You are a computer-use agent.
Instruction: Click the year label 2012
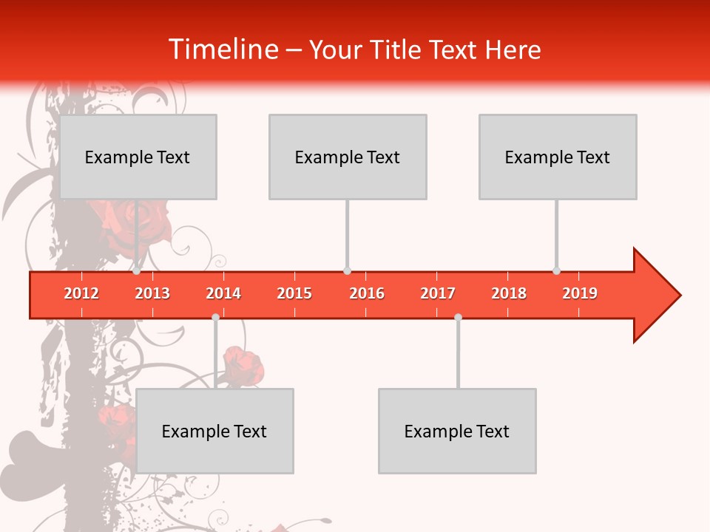click(x=81, y=293)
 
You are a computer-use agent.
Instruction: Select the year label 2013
click(x=152, y=293)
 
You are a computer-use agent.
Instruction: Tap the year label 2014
click(x=223, y=293)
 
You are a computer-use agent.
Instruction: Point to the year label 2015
click(x=294, y=293)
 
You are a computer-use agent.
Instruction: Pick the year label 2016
click(x=367, y=293)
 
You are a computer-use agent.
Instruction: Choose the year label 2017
click(x=438, y=293)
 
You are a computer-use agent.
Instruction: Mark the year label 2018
click(x=509, y=293)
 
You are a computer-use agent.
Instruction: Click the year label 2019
click(x=580, y=293)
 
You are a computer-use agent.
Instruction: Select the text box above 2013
click(x=138, y=157)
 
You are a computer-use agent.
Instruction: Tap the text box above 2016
click(x=348, y=157)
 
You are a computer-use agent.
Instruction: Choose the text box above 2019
click(x=558, y=157)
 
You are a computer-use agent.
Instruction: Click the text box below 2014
click(x=214, y=431)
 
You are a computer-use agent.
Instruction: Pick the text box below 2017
click(x=457, y=431)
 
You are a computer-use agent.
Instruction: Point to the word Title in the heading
click(x=396, y=50)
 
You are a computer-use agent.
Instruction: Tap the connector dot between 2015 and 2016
click(x=348, y=271)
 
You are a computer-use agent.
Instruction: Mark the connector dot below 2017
click(x=459, y=317)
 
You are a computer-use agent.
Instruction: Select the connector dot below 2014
click(x=215, y=317)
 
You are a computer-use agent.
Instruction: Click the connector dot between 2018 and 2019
click(x=557, y=271)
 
